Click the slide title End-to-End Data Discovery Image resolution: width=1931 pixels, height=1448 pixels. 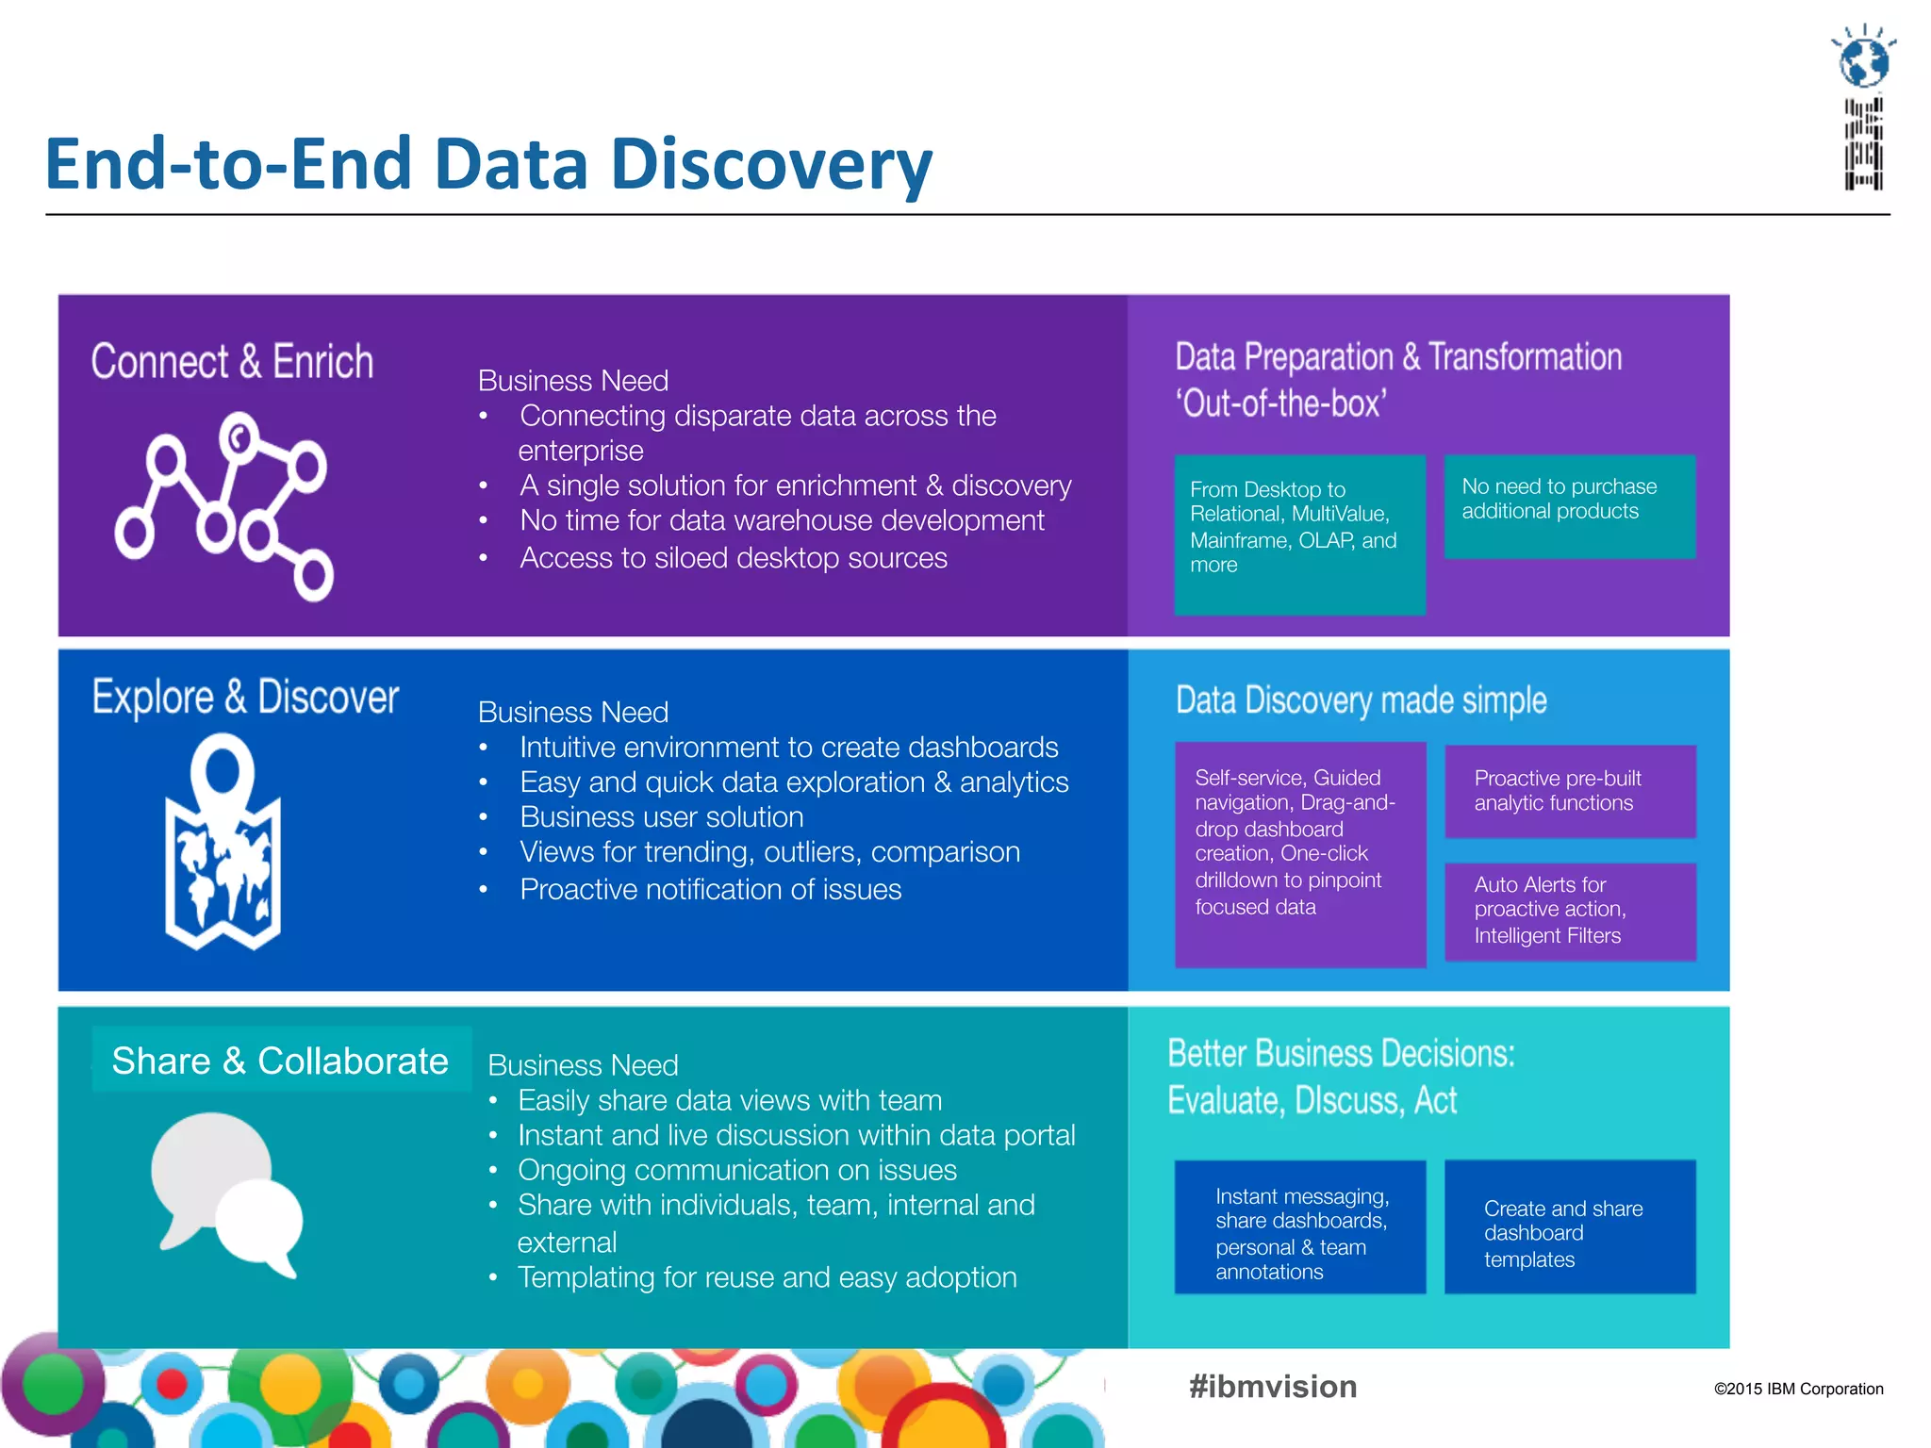click(x=488, y=164)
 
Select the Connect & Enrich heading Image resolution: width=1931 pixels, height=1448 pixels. click(x=232, y=362)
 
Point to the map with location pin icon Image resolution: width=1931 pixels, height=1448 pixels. click(x=223, y=842)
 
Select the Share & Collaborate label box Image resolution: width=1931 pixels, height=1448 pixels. click(x=281, y=1061)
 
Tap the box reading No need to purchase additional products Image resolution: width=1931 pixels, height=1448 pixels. click(x=1569, y=506)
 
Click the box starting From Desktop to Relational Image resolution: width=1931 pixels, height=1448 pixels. click(x=1299, y=534)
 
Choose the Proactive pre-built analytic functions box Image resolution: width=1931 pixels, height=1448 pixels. click(x=1570, y=791)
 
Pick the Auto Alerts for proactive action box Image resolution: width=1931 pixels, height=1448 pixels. click(x=1570, y=911)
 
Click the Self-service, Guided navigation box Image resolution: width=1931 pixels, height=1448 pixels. click(x=1299, y=853)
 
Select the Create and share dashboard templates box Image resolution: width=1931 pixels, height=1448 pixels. click(x=1569, y=1226)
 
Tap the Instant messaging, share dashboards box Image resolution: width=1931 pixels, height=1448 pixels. click(x=1299, y=1226)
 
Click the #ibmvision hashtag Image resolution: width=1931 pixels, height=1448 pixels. click(x=1273, y=1387)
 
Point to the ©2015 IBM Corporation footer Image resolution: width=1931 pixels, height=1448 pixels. click(x=1798, y=1389)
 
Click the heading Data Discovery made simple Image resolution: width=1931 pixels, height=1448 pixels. click(x=1361, y=700)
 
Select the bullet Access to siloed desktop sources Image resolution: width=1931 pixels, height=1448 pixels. click(x=733, y=558)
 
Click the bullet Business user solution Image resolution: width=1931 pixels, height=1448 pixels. click(x=661, y=817)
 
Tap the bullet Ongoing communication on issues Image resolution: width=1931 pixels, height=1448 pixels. click(x=736, y=1170)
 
